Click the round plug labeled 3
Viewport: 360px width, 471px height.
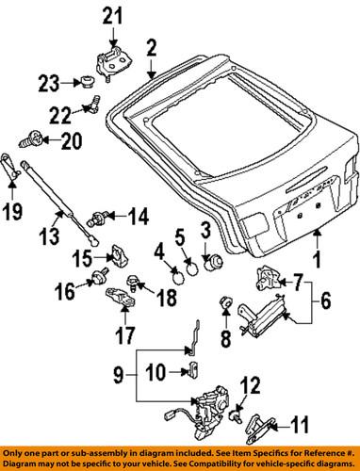click(x=210, y=262)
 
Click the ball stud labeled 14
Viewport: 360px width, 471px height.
click(x=94, y=220)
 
